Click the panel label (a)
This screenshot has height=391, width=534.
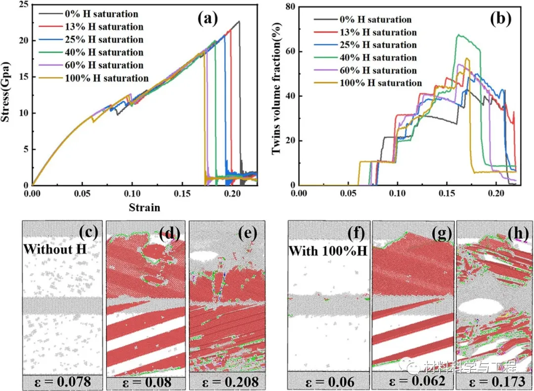pyautogui.click(x=207, y=19)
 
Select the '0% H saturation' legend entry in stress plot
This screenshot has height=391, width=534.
pyautogui.click(x=101, y=14)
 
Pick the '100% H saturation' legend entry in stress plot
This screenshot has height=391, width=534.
pyautogui.click(x=106, y=78)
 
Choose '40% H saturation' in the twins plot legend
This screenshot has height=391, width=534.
pyautogui.click(x=378, y=58)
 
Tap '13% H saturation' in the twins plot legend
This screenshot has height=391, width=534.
pyautogui.click(x=378, y=33)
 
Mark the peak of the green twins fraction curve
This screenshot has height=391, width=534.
pyautogui.click(x=459, y=35)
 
